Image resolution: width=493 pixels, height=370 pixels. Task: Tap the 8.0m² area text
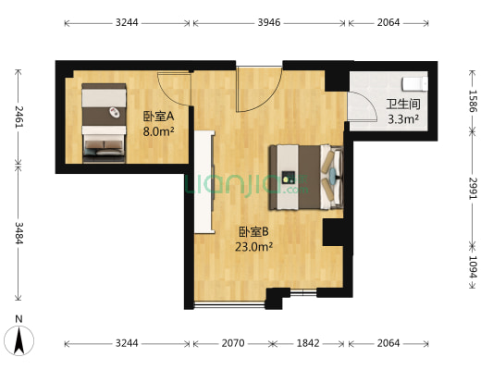coord(158,131)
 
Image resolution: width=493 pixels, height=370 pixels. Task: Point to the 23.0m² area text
coord(253,246)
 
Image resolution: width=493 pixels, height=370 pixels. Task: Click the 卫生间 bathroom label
coord(402,104)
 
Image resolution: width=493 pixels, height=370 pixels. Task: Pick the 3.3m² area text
coord(402,118)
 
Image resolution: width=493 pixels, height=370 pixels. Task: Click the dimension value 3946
coord(269,22)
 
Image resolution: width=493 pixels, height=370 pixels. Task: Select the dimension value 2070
coord(232,343)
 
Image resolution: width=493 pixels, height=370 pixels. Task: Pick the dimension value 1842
coord(307,343)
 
